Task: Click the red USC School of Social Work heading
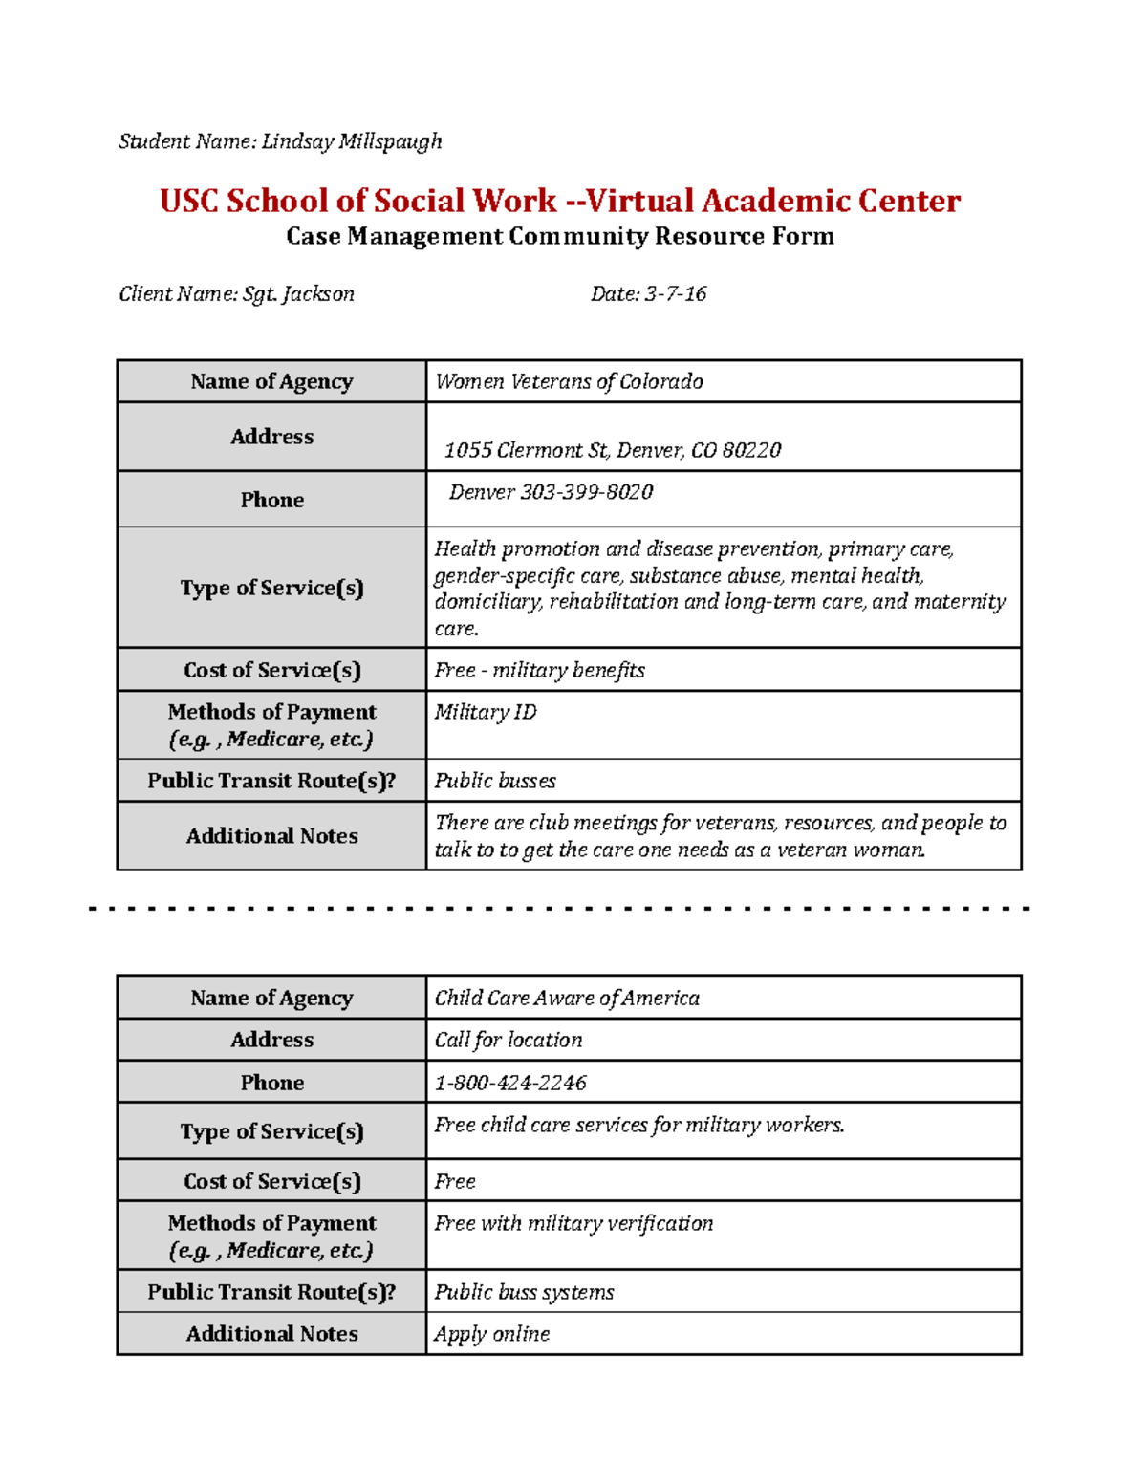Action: (x=559, y=201)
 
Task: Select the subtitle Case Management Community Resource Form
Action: (x=559, y=236)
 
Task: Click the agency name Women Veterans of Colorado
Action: (x=569, y=382)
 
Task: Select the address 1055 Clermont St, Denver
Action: (x=612, y=450)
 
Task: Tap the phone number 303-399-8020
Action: (x=552, y=492)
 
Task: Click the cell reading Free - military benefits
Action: (x=539, y=671)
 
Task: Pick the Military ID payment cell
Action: (x=486, y=713)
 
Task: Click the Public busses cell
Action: (x=495, y=782)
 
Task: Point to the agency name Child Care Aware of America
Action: (x=567, y=999)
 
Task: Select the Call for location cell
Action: (x=509, y=1041)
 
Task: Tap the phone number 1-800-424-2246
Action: (x=510, y=1084)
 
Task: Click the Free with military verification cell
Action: (x=573, y=1224)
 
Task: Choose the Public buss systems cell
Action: (x=524, y=1293)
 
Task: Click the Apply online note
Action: (x=492, y=1335)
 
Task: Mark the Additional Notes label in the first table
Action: (x=271, y=836)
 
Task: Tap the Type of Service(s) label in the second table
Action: (x=271, y=1132)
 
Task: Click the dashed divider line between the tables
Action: (x=559, y=909)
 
